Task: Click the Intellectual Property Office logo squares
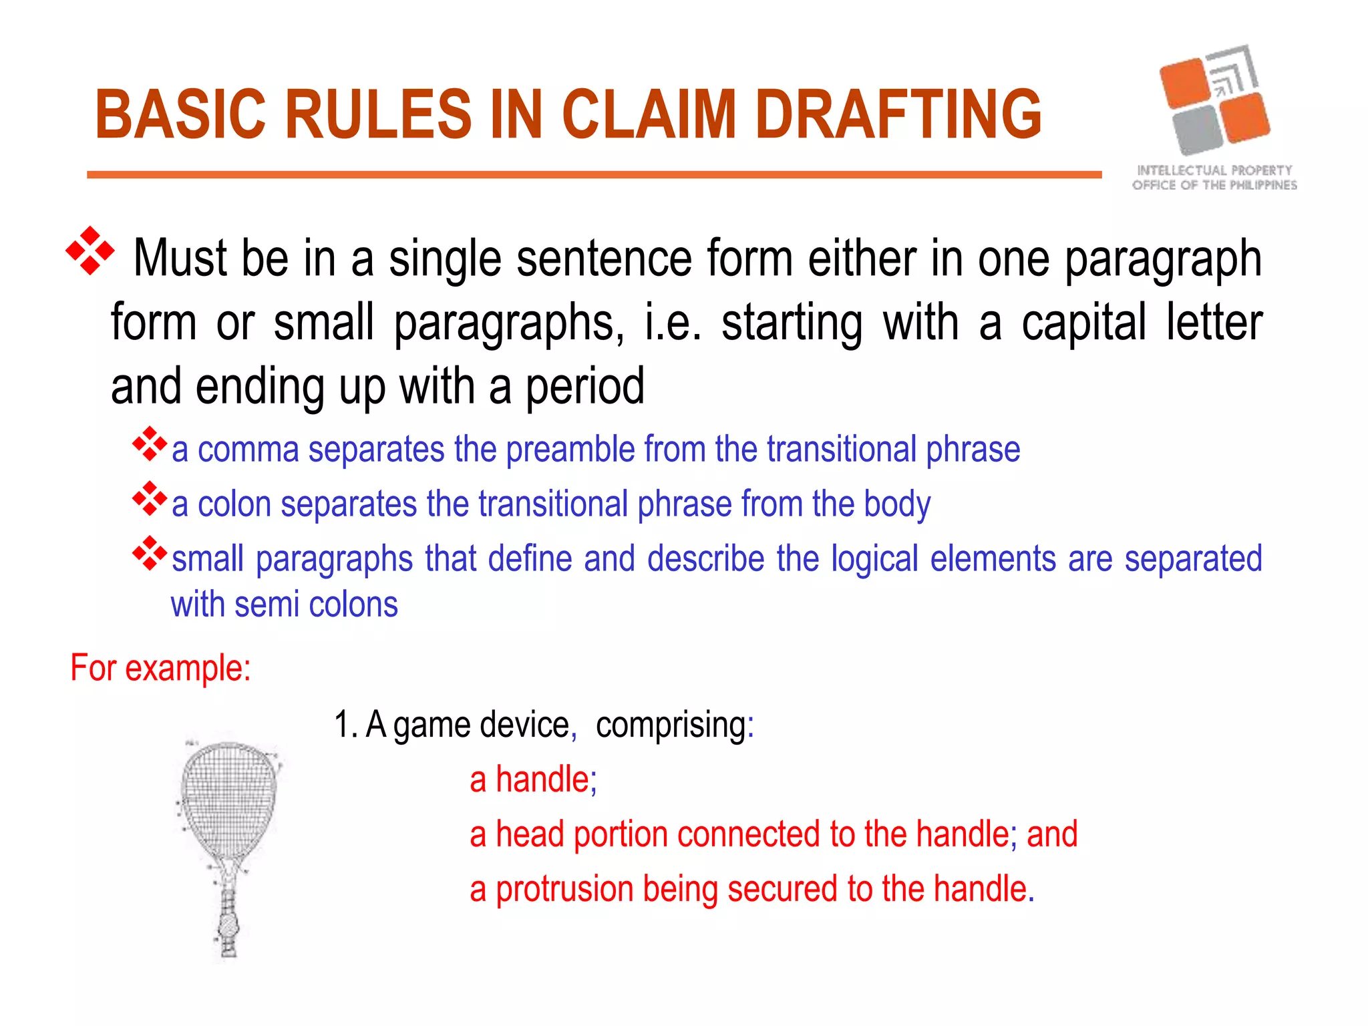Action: point(1214,100)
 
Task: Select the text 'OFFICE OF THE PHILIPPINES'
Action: point(1214,185)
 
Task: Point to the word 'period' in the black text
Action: point(584,387)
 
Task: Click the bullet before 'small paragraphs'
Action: point(149,553)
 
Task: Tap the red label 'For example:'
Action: point(160,668)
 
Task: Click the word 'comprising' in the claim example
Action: point(671,725)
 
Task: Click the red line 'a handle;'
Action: point(533,780)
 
